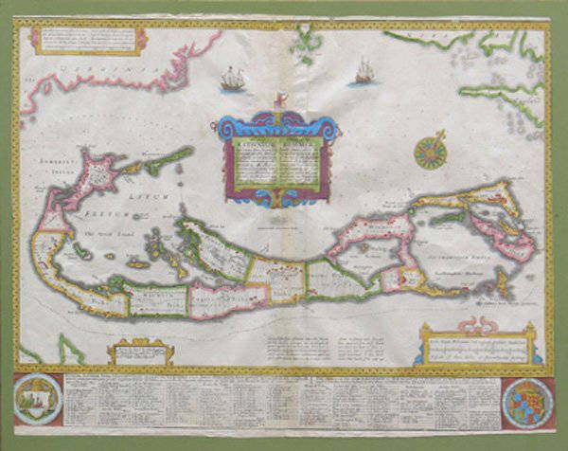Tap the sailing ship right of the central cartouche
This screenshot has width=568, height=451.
pyautogui.click(x=364, y=70)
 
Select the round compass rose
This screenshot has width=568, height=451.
pyautogui.click(x=431, y=152)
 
